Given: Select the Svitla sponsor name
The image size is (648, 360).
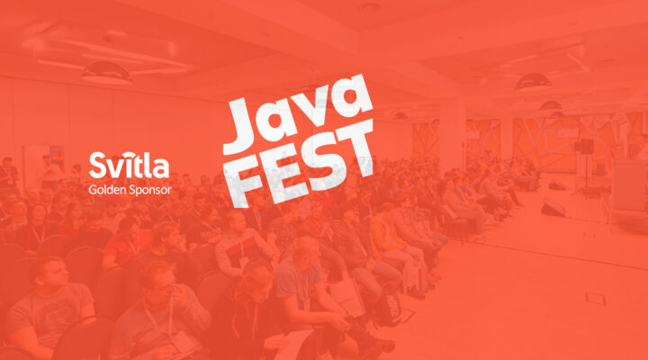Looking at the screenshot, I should click(x=128, y=165).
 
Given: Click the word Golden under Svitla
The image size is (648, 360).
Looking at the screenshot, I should click(x=109, y=190).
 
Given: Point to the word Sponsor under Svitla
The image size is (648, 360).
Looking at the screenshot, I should click(x=151, y=191).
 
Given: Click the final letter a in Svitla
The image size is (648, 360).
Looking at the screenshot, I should click(x=162, y=167).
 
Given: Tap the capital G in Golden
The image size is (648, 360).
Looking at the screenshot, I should click(x=94, y=190).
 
